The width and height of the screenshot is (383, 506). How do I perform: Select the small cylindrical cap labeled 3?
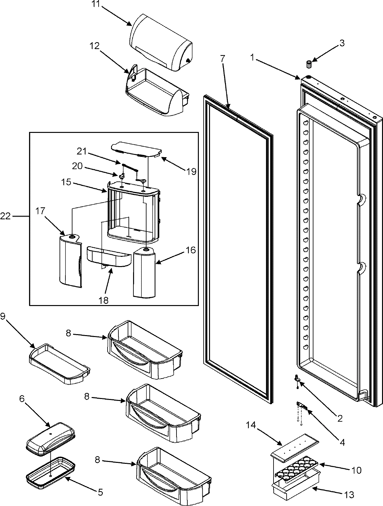click(x=309, y=64)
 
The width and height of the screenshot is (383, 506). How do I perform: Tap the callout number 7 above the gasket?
click(x=222, y=58)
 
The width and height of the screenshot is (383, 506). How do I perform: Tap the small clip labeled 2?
click(x=297, y=378)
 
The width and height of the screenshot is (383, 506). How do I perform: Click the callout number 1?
click(x=252, y=58)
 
